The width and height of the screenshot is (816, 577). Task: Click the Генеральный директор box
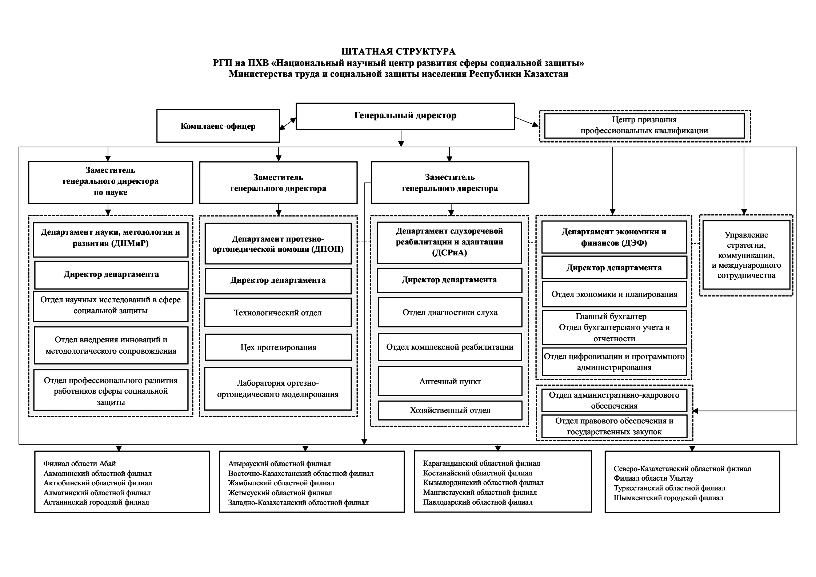(x=405, y=116)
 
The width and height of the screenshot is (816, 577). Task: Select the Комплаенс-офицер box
(x=218, y=126)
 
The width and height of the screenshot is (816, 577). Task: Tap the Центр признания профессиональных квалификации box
(x=644, y=126)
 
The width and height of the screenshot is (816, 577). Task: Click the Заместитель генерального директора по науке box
(x=111, y=182)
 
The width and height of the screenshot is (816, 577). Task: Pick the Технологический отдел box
(x=278, y=313)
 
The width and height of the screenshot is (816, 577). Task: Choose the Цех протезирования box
(x=278, y=347)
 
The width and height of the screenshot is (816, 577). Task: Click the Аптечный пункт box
(x=450, y=381)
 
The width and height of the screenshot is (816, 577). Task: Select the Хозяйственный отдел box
(x=450, y=410)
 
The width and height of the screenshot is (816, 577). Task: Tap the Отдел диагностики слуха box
(x=450, y=312)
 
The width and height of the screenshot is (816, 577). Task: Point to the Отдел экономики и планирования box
(x=614, y=294)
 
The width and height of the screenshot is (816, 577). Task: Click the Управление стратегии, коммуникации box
(x=746, y=255)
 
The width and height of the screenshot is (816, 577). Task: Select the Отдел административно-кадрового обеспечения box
(x=614, y=400)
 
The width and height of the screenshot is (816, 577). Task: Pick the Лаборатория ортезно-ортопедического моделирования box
(x=278, y=389)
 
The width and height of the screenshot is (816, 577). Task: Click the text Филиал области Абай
(x=80, y=463)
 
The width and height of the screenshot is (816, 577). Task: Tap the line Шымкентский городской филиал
(x=668, y=498)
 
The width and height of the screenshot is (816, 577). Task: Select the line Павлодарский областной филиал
(x=478, y=502)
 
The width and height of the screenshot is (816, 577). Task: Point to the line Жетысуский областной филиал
(x=280, y=493)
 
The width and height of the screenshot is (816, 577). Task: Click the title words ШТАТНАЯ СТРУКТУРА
(x=399, y=52)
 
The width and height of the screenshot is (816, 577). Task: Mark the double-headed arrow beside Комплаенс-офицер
(x=288, y=123)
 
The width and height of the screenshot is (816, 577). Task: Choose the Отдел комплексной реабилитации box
(x=450, y=347)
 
